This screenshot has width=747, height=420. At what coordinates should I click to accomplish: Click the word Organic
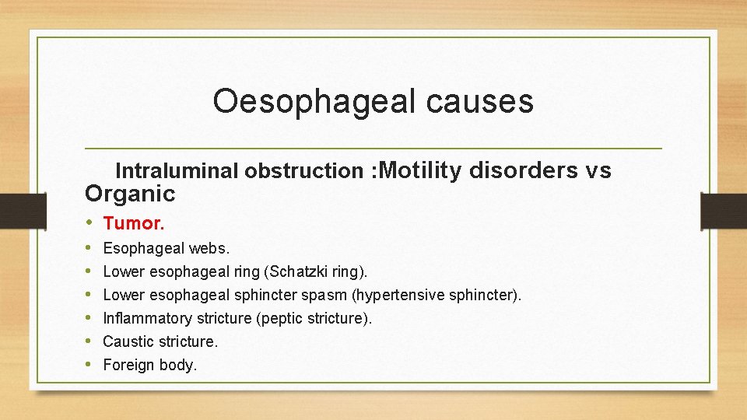click(x=130, y=193)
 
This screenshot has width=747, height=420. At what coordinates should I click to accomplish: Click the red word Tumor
click(x=133, y=224)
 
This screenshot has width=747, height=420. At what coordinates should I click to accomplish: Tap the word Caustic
click(x=128, y=341)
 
